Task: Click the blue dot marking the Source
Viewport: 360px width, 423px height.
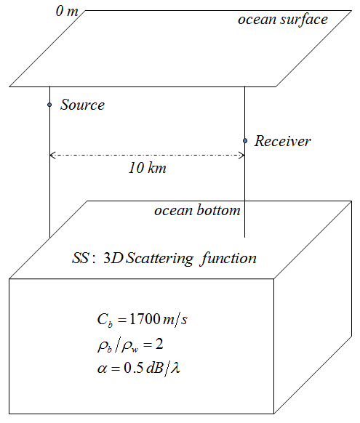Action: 49,105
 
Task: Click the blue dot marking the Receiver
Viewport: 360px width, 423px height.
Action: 245,140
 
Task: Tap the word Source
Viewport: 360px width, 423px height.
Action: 82,105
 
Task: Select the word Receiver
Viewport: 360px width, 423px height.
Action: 283,141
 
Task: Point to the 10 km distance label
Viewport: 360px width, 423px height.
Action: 148,168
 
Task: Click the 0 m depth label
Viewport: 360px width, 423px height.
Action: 67,12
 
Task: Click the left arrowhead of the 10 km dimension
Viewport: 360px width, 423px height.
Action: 52,155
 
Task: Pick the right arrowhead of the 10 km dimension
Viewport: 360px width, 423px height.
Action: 241,155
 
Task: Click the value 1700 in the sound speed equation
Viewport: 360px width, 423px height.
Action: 145,318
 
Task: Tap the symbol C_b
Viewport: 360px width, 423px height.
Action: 105,321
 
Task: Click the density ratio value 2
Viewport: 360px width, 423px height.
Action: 159,344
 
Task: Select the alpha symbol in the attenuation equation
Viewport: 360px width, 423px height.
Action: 102,368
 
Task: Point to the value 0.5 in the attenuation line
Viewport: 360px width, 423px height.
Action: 133,368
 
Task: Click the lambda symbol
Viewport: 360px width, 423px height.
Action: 176,368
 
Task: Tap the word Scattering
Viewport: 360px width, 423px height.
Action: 160,259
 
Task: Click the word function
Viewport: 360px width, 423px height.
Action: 228,259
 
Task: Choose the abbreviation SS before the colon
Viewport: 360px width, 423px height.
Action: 80,258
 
